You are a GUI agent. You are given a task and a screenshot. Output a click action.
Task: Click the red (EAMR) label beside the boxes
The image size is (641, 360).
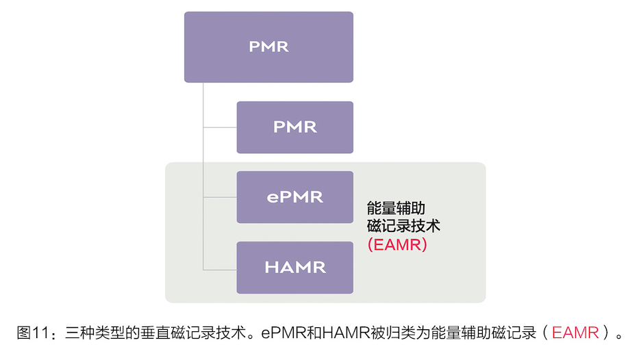(x=397, y=245)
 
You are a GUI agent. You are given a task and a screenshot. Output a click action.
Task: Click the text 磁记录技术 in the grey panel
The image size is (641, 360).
(x=402, y=226)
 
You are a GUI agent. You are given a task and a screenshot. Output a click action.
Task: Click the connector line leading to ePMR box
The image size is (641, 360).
(x=220, y=197)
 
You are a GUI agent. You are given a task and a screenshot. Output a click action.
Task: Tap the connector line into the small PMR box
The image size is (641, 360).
(x=220, y=127)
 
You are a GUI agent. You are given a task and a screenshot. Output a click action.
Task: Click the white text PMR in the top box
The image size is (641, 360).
(x=268, y=47)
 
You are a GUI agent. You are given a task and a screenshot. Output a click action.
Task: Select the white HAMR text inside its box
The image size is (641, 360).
(x=295, y=268)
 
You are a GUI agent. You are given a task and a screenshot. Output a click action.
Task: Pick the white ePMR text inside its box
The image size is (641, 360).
(x=295, y=197)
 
